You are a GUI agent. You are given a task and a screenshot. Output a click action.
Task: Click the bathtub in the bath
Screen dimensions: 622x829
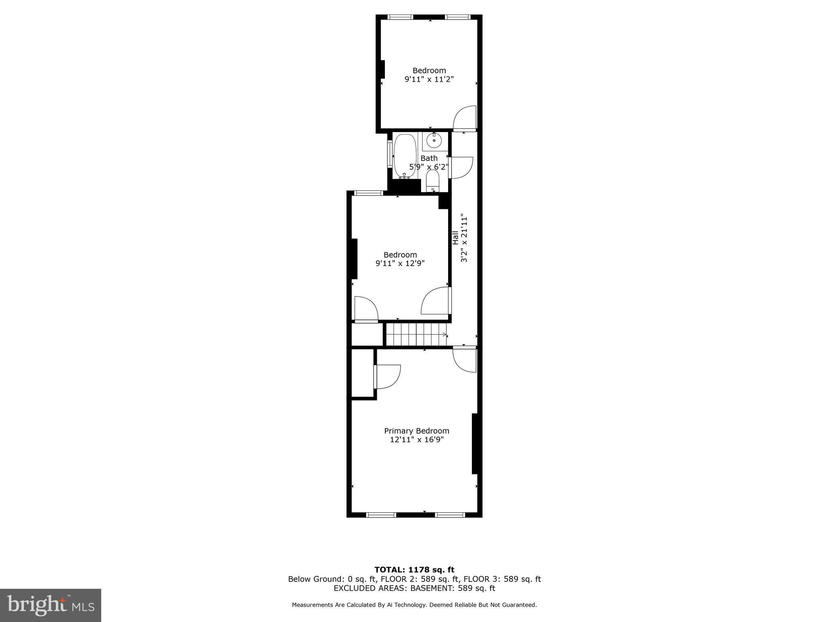tap(405, 156)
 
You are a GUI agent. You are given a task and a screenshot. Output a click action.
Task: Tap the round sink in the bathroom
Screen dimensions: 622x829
tap(434, 141)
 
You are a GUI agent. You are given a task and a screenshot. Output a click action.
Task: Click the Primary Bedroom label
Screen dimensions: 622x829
tap(417, 431)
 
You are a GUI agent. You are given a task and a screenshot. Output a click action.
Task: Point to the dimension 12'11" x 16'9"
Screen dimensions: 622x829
tap(417, 440)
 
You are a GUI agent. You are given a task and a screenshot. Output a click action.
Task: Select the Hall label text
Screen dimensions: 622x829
tap(455, 238)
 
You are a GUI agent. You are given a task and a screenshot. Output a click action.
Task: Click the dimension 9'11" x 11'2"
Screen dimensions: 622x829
tap(429, 79)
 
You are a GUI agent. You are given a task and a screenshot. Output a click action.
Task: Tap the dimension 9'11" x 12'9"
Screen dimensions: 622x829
tap(400, 264)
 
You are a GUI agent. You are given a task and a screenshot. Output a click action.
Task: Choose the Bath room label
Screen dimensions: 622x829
tap(429, 158)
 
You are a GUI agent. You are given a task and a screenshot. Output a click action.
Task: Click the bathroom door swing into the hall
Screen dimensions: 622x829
tap(461, 167)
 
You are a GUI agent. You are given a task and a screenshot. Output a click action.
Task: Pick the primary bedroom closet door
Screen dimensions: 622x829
tap(388, 377)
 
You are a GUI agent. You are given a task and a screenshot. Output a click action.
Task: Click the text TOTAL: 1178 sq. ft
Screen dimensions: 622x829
tap(414, 570)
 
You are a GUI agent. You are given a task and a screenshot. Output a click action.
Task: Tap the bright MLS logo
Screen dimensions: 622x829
tap(51, 605)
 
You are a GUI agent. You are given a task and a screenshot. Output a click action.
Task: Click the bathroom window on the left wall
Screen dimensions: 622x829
tap(389, 154)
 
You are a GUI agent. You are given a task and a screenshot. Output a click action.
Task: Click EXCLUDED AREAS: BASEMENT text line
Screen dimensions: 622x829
tap(414, 588)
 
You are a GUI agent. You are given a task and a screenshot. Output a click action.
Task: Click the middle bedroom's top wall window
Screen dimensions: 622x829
tap(368, 193)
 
